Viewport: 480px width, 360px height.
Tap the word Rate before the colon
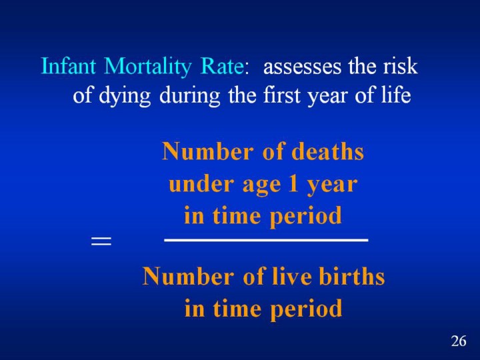pos(223,67)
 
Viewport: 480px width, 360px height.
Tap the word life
pos(396,97)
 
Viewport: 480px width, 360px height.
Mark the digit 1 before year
pos(291,184)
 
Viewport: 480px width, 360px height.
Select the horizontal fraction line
pos(266,239)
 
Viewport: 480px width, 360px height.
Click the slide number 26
pos(458,341)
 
